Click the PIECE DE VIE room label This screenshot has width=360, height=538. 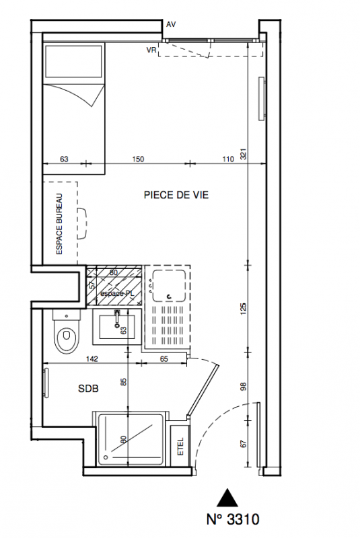click(x=176, y=195)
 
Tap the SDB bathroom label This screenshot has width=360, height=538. click(x=88, y=389)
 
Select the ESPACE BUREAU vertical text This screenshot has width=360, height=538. click(x=59, y=224)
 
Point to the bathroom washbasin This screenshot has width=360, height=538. click(x=116, y=327)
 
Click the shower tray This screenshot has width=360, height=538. click(x=130, y=439)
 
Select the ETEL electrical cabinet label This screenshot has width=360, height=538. click(x=181, y=447)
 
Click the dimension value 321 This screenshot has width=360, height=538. click(x=244, y=154)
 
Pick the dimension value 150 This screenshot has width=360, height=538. click(x=138, y=159)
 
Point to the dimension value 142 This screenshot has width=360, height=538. click(x=92, y=359)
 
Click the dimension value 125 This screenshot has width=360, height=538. click(x=244, y=309)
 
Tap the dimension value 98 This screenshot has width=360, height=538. click(x=244, y=387)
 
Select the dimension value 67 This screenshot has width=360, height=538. click(x=244, y=444)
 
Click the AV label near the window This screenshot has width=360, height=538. click(x=171, y=25)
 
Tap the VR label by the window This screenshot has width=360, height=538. click(x=151, y=50)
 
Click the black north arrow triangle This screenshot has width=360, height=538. click(x=227, y=498)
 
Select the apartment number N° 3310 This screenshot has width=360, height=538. click(x=233, y=519)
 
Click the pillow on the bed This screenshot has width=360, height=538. click(x=74, y=61)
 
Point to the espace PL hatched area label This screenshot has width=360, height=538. click(x=116, y=294)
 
